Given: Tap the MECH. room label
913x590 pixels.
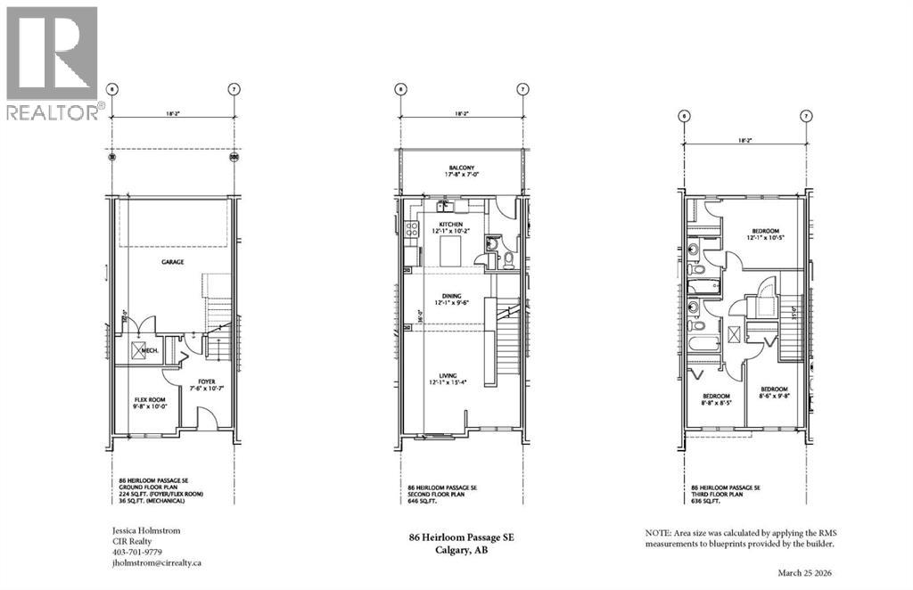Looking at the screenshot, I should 152,350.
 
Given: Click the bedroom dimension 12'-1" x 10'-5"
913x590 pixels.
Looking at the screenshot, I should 766,238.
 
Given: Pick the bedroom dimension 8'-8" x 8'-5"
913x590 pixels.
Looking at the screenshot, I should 717,404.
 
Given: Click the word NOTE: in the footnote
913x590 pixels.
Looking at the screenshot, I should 658,533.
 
